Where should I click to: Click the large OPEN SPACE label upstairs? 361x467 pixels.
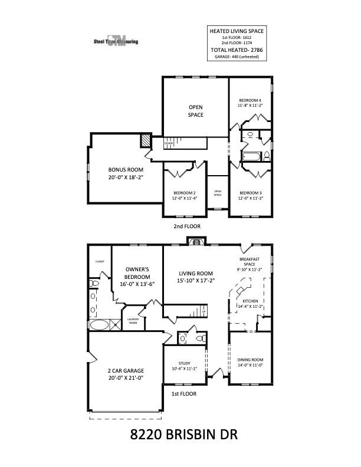coord(195,111)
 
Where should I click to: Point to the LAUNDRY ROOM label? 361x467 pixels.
coord(132,322)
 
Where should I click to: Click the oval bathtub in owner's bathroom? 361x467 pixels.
coord(99,324)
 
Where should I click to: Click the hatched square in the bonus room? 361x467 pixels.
coord(145,141)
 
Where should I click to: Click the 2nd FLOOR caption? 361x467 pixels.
coord(187,226)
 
